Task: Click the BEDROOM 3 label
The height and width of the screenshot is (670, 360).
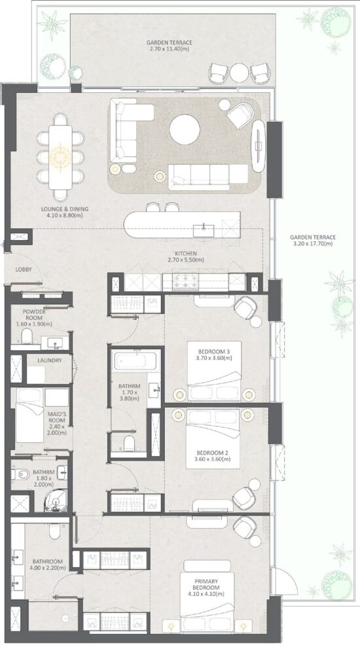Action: (210, 353)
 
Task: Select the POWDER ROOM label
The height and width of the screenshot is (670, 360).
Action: (34, 316)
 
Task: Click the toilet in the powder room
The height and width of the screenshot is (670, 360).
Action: (26, 337)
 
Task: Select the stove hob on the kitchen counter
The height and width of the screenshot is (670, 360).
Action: (189, 281)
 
